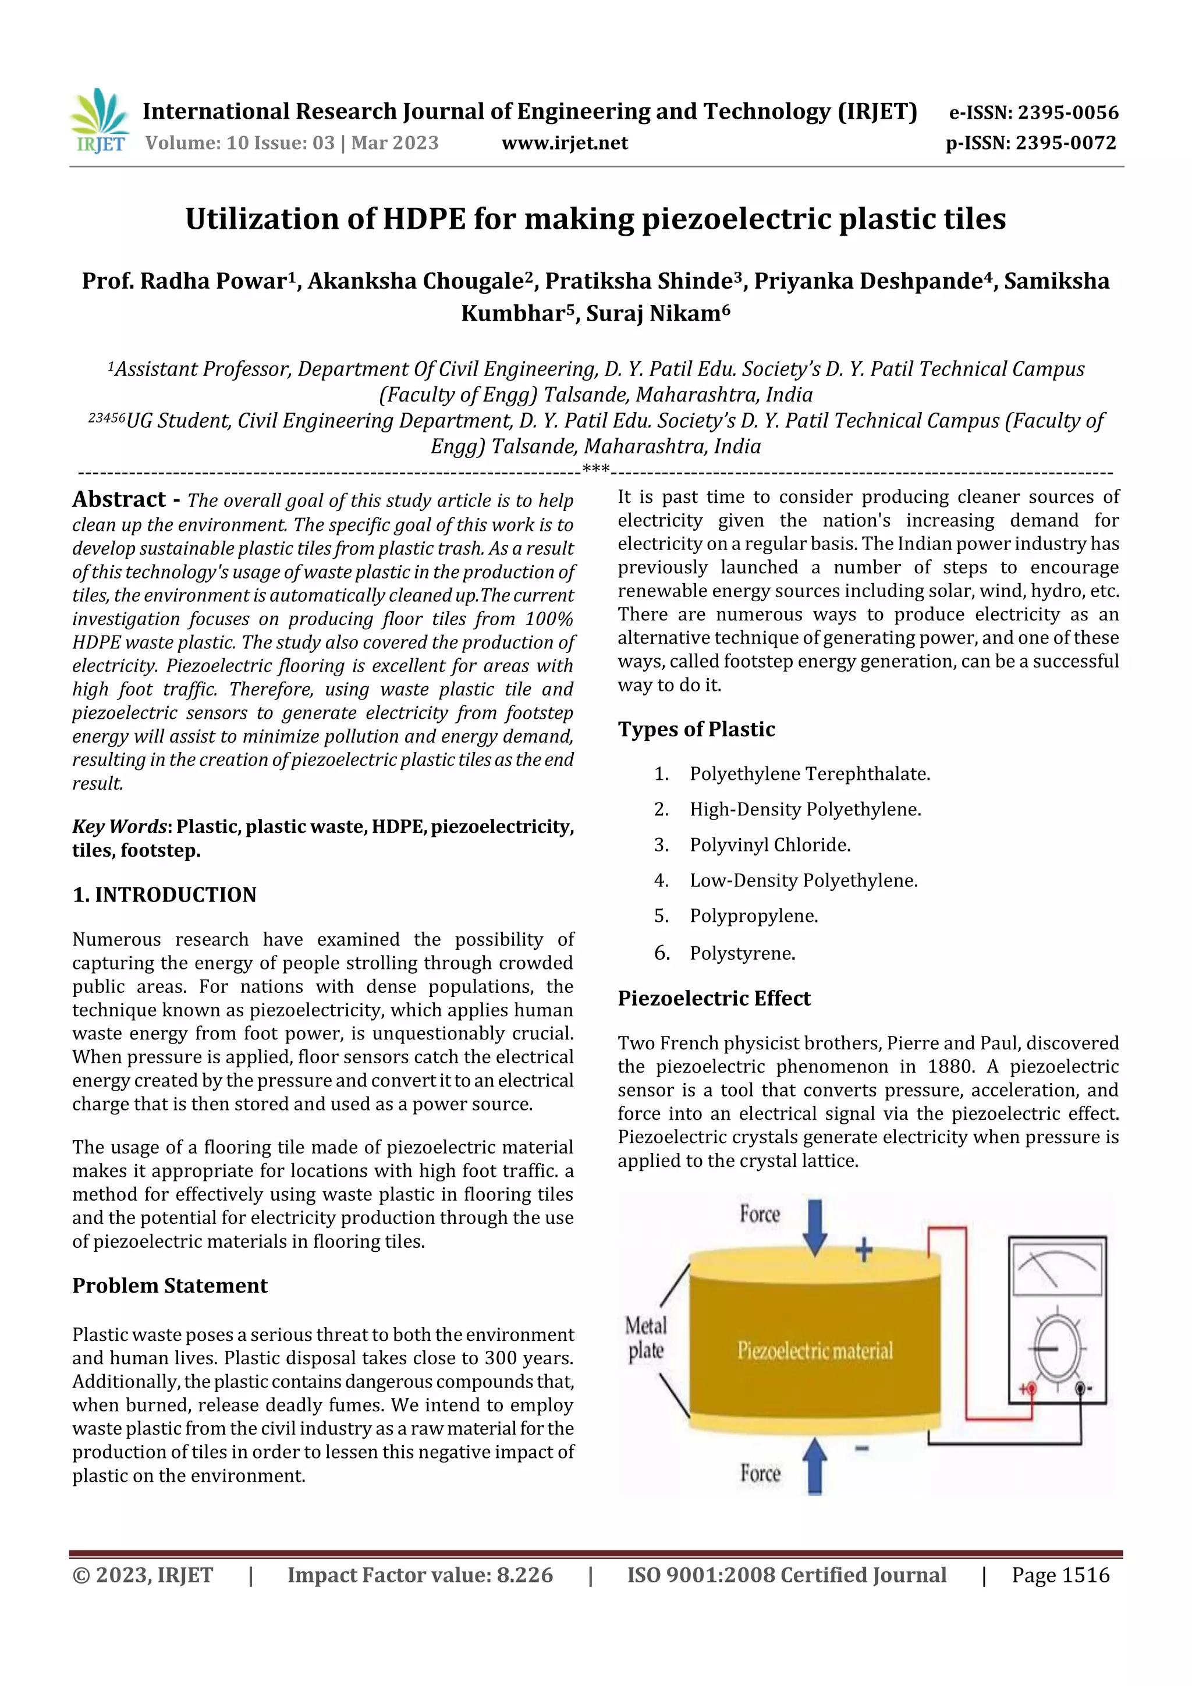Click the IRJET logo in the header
pos(99,122)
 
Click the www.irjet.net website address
pos(564,143)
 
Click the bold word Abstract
pos(119,499)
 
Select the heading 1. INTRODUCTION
pos(165,895)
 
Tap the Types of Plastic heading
pos(696,729)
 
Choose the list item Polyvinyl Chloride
pos(769,845)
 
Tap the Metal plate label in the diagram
pos(645,1338)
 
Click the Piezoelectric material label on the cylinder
pos(814,1350)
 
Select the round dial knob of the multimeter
pos(1056,1350)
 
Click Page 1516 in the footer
pos(1060,1575)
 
